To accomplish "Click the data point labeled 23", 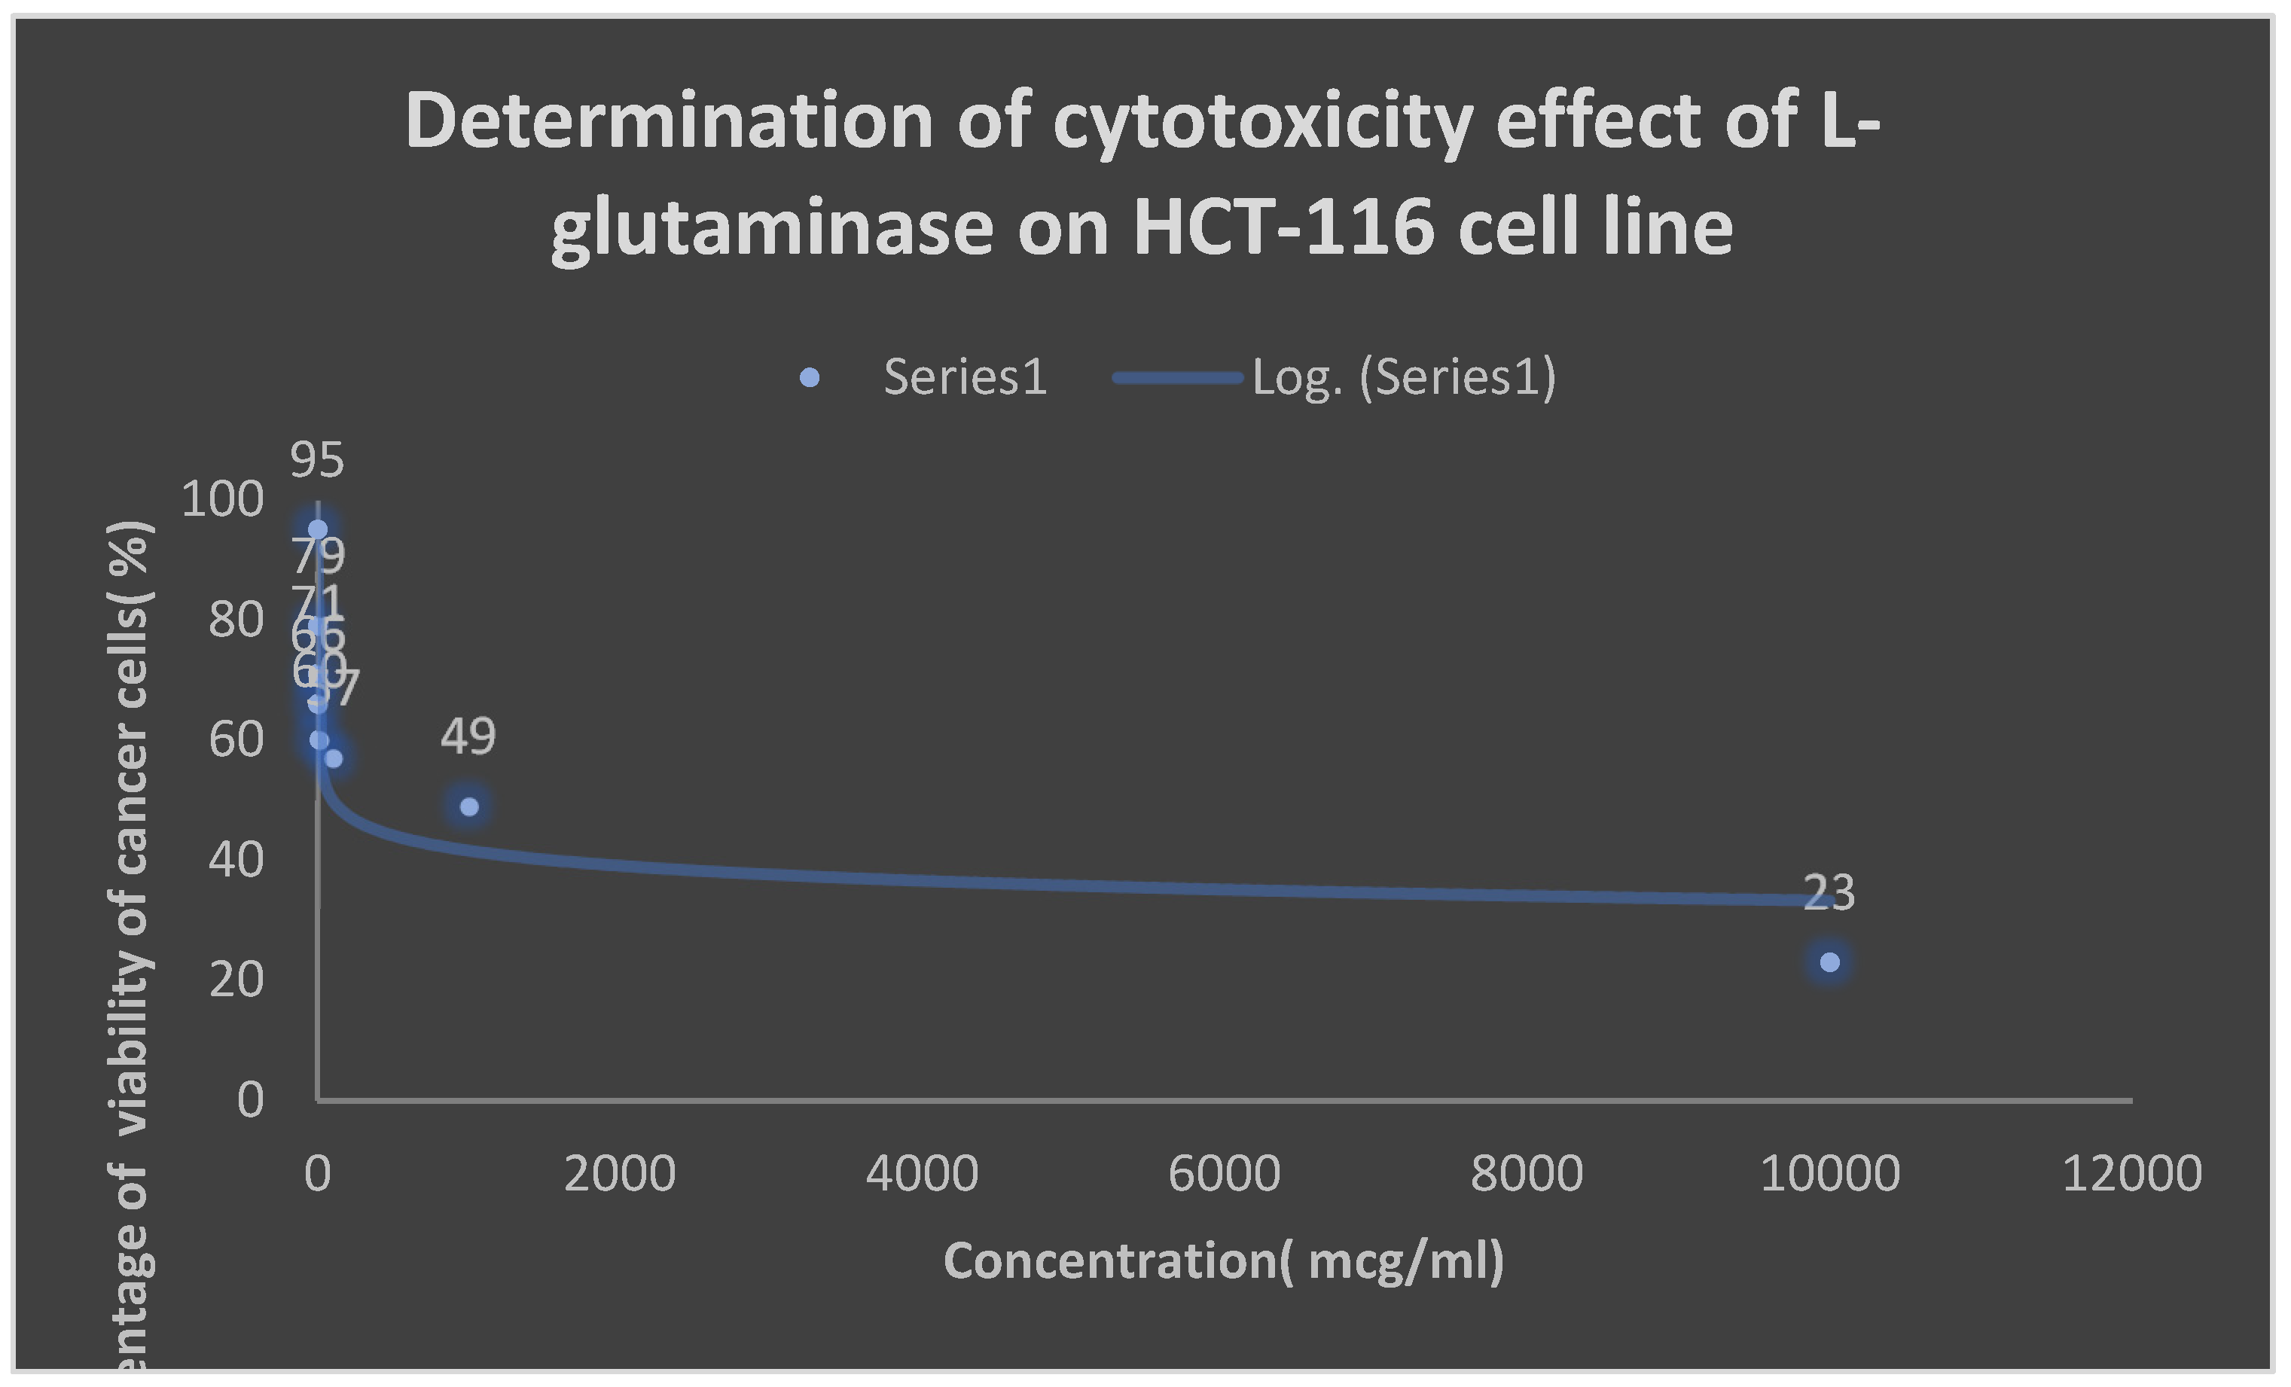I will click(1829, 962).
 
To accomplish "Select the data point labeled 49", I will click(469, 806).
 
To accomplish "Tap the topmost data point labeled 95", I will click(318, 529).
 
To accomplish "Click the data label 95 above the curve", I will click(317, 460).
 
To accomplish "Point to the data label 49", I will click(468, 736).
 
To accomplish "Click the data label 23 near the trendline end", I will click(1828, 892).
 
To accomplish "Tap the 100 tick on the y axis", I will click(222, 500).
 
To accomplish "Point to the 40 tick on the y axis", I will click(236, 860).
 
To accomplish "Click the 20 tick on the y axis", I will click(236, 980).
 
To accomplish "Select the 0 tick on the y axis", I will click(250, 1101).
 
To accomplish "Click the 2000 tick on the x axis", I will click(619, 1173).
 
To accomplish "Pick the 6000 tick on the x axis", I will click(1224, 1173).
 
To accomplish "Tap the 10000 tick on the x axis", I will click(1829, 1173).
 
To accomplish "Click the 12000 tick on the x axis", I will click(2131, 1173).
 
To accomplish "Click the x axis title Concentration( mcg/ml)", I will click(1224, 1261).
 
